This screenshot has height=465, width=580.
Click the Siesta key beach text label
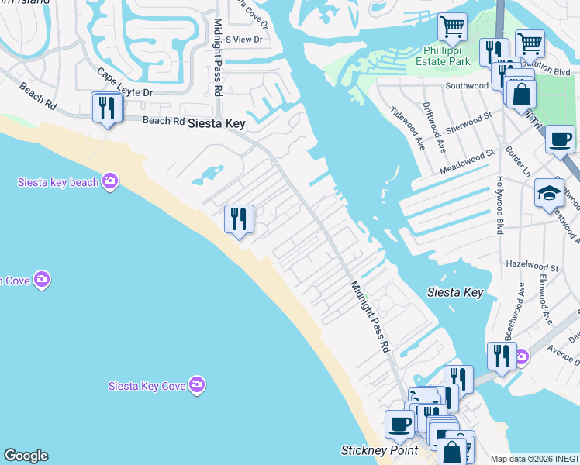tap(59, 182)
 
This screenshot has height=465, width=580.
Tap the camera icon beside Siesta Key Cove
tap(198, 384)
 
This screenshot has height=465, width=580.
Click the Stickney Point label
tap(380, 450)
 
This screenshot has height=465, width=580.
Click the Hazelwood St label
tap(532, 263)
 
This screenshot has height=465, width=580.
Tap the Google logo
tap(26, 456)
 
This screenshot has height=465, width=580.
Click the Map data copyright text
tap(534, 459)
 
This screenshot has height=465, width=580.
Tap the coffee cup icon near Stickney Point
tap(400, 425)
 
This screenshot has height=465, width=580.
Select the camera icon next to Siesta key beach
tap(110, 181)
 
